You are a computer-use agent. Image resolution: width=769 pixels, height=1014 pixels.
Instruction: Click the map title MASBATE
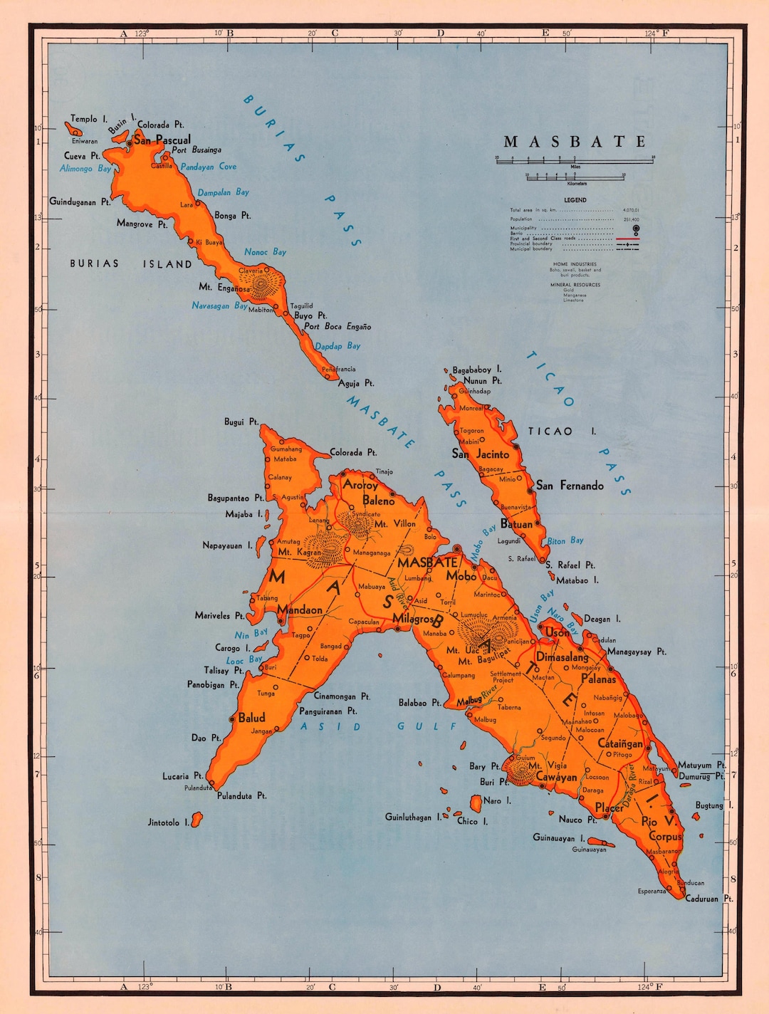pyautogui.click(x=575, y=142)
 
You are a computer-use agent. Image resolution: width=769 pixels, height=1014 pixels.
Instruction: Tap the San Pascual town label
pyautogui.click(x=162, y=140)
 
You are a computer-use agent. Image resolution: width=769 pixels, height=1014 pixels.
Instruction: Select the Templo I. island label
pyautogui.click(x=88, y=119)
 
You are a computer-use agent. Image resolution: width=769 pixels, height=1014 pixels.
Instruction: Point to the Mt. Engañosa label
pyautogui.click(x=224, y=288)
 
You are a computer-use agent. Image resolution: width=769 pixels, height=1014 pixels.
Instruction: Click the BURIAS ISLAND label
pyautogui.click(x=131, y=264)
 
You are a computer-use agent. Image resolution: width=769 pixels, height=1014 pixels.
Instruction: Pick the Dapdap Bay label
pyautogui.click(x=338, y=346)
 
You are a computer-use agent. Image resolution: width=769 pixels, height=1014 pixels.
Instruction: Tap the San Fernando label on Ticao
pyautogui.click(x=570, y=486)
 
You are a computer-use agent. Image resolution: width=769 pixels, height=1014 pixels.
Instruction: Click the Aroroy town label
pyautogui.click(x=360, y=485)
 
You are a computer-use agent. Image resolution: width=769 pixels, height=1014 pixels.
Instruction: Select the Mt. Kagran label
pyautogui.click(x=299, y=552)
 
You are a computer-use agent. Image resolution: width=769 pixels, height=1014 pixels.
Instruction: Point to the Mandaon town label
pyautogui.click(x=300, y=610)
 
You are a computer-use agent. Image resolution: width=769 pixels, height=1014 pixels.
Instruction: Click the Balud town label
pyautogui.click(x=251, y=718)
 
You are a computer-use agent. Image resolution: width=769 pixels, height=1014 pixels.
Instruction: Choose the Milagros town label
pyautogui.click(x=413, y=619)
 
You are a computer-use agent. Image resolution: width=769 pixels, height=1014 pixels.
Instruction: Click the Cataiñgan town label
pyautogui.click(x=620, y=743)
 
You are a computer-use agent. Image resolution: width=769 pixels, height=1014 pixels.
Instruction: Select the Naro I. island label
pyautogui.click(x=497, y=800)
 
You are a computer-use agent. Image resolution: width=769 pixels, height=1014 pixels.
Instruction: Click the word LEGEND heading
pyautogui.click(x=575, y=200)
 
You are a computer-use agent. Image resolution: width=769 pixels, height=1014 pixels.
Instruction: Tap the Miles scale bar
pyautogui.click(x=575, y=160)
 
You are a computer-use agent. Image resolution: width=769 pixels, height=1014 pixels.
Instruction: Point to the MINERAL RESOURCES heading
pyautogui.click(x=575, y=285)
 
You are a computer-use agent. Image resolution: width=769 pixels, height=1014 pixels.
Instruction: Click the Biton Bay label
pyautogui.click(x=565, y=541)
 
